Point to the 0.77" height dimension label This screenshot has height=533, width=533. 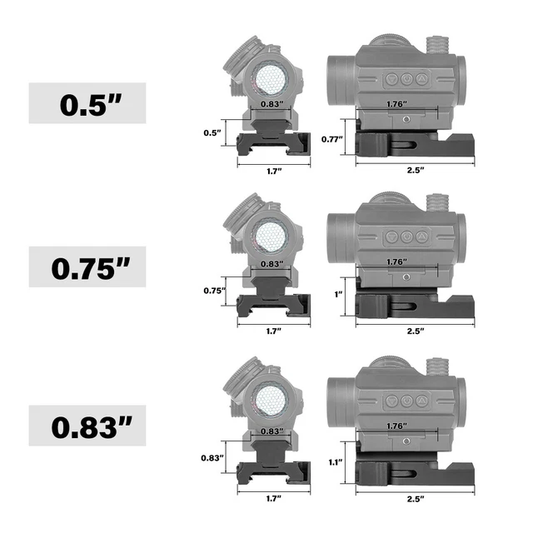[x=334, y=139]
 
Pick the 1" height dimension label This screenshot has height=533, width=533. [x=337, y=294]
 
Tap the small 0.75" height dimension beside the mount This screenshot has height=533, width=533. [x=214, y=291]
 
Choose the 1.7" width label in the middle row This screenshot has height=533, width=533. [x=273, y=331]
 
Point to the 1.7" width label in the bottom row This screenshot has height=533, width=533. [x=273, y=498]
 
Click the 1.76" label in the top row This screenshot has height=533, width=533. [x=396, y=103]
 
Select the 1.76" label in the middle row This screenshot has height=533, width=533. [x=396, y=262]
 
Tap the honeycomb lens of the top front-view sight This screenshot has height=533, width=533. [x=269, y=79]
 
